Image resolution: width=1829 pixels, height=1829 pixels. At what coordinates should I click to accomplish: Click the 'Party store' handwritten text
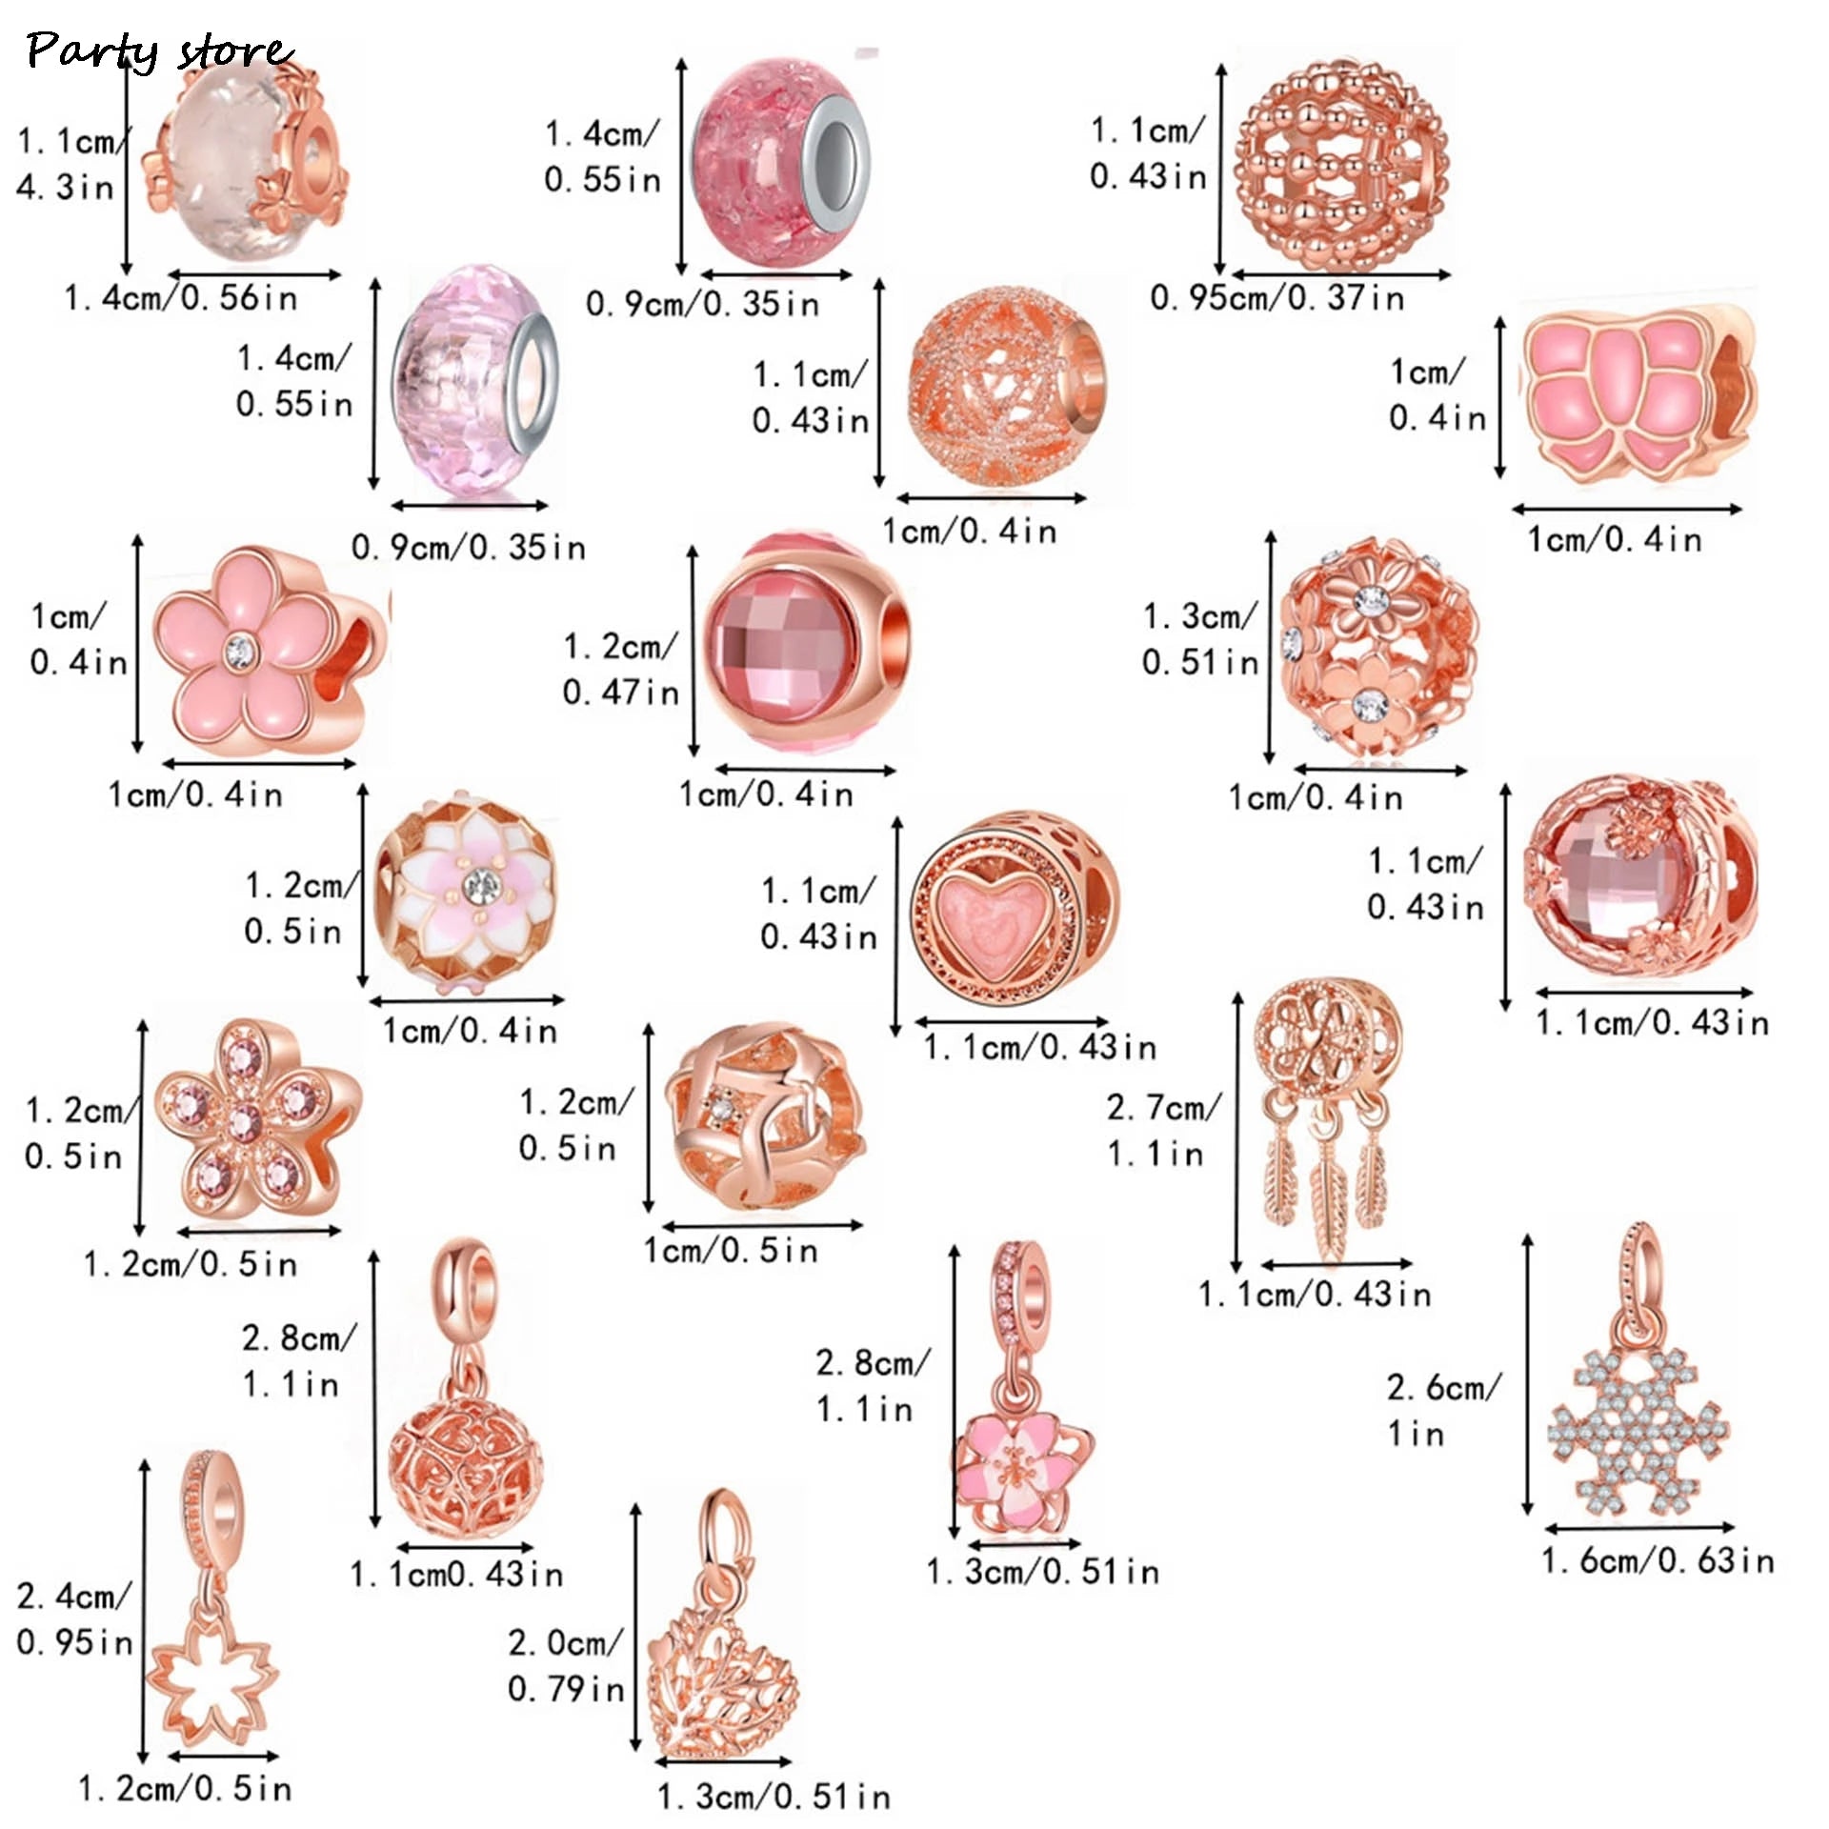tap(158, 50)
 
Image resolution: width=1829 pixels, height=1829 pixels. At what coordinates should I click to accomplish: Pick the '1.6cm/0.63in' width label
tap(1658, 1561)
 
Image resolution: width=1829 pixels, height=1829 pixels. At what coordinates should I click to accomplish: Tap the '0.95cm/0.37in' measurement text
tap(1276, 298)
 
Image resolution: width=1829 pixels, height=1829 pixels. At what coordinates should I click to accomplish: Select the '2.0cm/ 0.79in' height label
tap(565, 1666)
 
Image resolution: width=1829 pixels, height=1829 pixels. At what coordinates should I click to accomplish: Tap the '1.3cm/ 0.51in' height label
tap(1200, 639)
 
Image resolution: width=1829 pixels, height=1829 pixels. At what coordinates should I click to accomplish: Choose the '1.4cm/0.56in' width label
tap(181, 298)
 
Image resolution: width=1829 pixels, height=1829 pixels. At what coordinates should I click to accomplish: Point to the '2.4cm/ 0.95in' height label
tap(73, 1619)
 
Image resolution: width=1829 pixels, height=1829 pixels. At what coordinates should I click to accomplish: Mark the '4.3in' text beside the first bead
tap(65, 187)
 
